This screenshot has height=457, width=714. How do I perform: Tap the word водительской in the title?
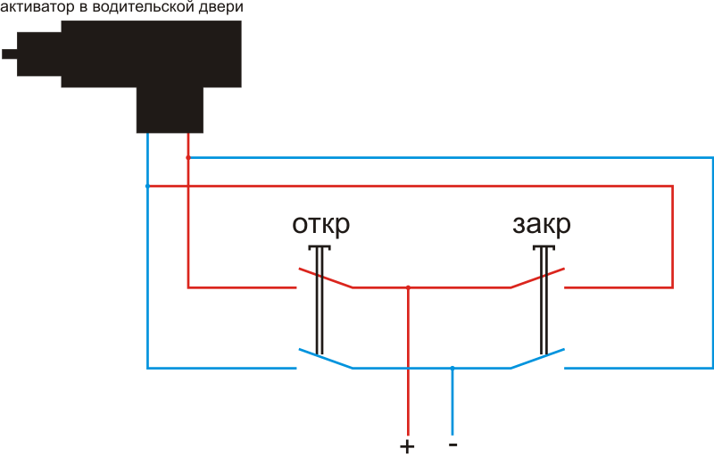tap(140, 7)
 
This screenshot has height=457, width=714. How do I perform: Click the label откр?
tap(321, 223)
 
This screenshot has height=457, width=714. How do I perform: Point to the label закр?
tap(542, 223)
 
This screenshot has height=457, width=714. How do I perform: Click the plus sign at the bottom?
tap(408, 445)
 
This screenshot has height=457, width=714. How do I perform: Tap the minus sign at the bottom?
tap(452, 442)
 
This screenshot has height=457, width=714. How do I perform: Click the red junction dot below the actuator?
tap(187, 158)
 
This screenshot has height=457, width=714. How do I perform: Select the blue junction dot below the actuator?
tap(147, 187)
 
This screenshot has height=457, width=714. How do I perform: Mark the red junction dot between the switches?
tap(408, 287)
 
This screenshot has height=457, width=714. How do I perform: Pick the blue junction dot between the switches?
tap(452, 368)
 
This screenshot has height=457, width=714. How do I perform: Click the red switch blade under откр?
tap(325, 278)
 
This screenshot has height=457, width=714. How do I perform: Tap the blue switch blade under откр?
tap(325, 358)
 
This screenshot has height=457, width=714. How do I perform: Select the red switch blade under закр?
tap(537, 278)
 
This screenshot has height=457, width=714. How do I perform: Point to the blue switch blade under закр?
tap(537, 358)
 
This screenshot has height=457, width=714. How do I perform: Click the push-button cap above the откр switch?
tap(319, 247)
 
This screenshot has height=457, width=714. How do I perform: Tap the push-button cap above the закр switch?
tap(544, 247)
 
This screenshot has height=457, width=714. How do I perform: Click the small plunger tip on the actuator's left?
tap(9, 54)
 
